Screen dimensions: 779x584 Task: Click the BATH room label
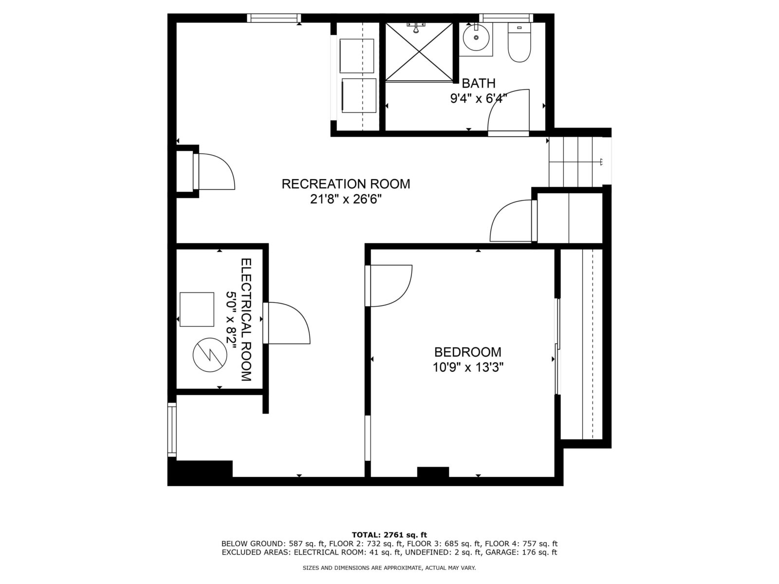(x=478, y=83)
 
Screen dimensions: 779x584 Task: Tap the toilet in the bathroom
(x=519, y=42)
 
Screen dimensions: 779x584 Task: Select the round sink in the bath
(x=476, y=37)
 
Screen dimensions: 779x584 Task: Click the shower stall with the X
(x=419, y=52)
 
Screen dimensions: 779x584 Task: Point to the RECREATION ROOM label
(x=346, y=184)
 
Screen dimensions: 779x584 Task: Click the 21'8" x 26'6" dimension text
(x=346, y=200)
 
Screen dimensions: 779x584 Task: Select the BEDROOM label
(x=468, y=352)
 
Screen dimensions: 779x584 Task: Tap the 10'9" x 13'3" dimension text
(x=468, y=367)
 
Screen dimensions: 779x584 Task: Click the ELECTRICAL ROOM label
(x=246, y=319)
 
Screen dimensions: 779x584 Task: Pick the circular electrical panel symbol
(x=210, y=355)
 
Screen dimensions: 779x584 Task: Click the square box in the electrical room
(x=197, y=310)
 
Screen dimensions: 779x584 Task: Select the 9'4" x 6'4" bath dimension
(x=478, y=98)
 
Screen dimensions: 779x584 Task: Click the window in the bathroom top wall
(x=506, y=18)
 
